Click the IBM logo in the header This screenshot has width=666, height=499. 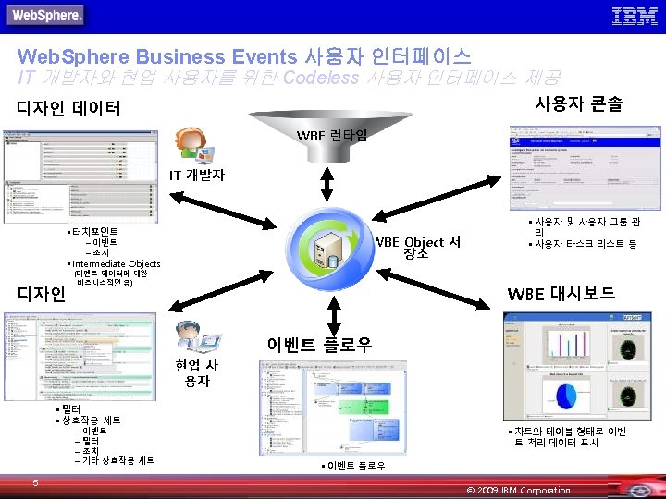tap(635, 15)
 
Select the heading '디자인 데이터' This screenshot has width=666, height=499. tap(68, 108)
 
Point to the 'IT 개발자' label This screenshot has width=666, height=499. tap(196, 175)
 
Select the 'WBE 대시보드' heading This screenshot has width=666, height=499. tap(561, 294)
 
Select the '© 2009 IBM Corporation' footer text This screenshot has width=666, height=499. tap(519, 490)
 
